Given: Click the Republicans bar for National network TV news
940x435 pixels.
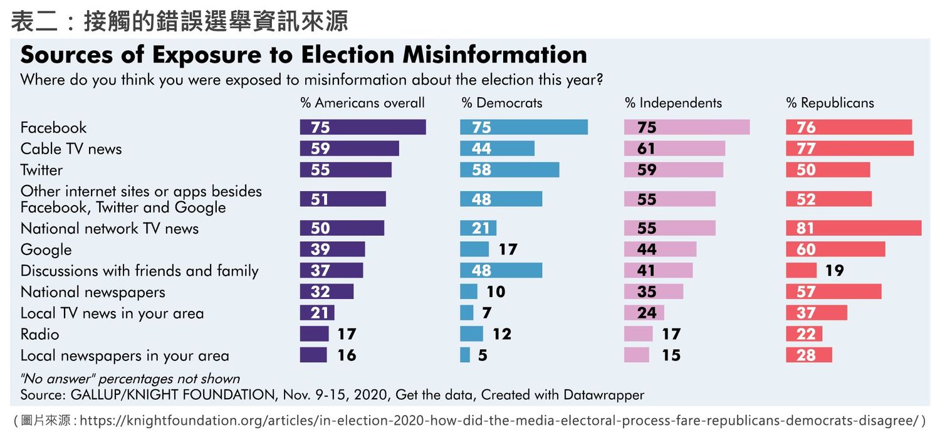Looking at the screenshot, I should (854, 228).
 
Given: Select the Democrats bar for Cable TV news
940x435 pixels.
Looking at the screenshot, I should (497, 149).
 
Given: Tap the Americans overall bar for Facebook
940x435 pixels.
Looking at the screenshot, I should (363, 127).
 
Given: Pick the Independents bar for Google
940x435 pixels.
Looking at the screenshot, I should (660, 249).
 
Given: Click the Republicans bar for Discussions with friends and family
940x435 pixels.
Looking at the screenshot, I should (801, 271).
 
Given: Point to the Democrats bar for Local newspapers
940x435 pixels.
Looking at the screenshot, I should (465, 355).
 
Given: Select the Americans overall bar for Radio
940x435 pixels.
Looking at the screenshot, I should (314, 334).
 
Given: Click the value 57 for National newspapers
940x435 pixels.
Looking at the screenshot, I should (806, 292).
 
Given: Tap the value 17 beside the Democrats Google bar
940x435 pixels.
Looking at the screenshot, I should (508, 249).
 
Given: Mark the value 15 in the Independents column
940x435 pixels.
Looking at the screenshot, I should (671, 355).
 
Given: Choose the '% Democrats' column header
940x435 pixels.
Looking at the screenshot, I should (502, 103).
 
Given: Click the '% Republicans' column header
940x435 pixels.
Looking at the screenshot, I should (830, 103).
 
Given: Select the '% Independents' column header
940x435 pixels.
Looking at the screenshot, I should (673, 103).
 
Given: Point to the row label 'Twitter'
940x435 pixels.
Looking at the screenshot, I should (41, 170).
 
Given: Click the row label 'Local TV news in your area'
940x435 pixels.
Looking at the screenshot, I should (112, 313).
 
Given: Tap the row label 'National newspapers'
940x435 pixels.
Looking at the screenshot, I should (93, 292).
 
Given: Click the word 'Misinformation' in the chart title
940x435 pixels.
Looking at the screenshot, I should (494, 55).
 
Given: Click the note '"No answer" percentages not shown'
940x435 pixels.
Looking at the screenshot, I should (130, 379).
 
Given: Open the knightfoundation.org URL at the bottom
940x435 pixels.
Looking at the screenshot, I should (499, 420).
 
